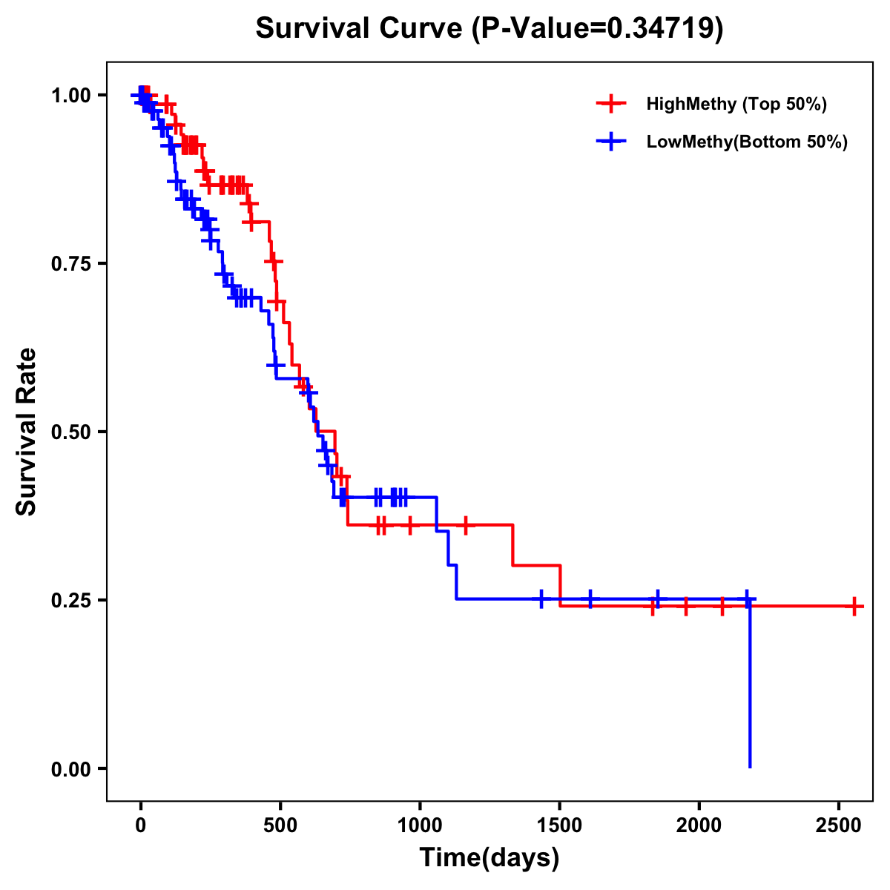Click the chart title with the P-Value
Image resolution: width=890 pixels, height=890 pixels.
(x=489, y=28)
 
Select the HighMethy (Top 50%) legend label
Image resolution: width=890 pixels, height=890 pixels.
(x=736, y=104)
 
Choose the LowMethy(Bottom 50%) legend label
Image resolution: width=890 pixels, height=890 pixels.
(x=746, y=142)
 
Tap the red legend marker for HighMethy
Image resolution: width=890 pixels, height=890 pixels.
(x=611, y=104)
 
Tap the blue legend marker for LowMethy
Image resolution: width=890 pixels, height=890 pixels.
(x=611, y=142)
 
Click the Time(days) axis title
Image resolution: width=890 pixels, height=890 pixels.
(x=489, y=858)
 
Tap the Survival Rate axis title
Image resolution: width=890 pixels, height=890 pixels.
(x=27, y=432)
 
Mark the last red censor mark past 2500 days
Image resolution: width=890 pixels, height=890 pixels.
(x=854, y=607)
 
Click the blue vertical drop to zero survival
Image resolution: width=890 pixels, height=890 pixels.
(x=750, y=690)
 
